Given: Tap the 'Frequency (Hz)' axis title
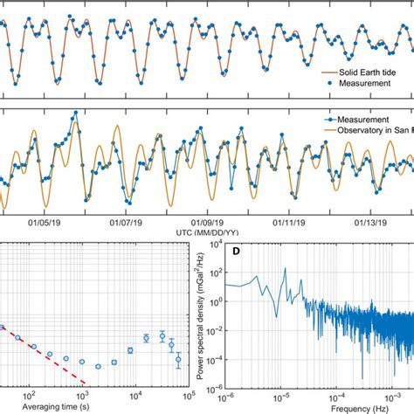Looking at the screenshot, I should pyautogui.click(x=322, y=408).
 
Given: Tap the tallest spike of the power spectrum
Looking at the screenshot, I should pyautogui.click(x=283, y=269).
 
